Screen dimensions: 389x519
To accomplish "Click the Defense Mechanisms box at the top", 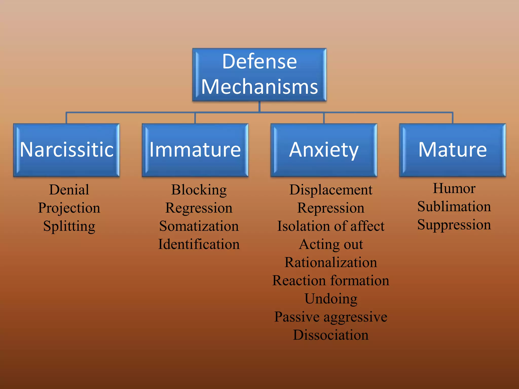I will [259, 74].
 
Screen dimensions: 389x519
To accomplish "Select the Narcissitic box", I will [66, 150].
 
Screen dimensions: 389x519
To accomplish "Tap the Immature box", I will [195, 150].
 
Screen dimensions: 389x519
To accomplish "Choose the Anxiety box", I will [324, 150].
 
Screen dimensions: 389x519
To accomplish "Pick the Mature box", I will [452, 150].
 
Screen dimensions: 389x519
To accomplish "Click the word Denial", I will [69, 190].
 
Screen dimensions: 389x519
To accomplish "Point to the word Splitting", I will [69, 226].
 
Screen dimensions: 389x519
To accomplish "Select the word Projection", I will [69, 208].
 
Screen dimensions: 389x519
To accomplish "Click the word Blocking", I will [199, 190].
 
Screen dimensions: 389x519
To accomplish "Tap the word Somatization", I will [199, 226].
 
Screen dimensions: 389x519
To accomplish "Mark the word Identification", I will [199, 244].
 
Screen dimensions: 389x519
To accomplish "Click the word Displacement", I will [331, 190].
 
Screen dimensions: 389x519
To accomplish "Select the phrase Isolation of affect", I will [331, 226].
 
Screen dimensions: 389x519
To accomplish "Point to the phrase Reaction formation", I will [331, 281].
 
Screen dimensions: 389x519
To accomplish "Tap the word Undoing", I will [331, 299].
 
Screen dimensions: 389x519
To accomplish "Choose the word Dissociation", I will [331, 335].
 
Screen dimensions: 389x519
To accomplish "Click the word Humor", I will [454, 188].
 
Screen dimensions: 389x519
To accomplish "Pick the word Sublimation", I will [454, 207].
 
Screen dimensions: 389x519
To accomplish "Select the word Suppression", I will [454, 225].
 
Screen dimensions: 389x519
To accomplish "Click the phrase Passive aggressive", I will [331, 317].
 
